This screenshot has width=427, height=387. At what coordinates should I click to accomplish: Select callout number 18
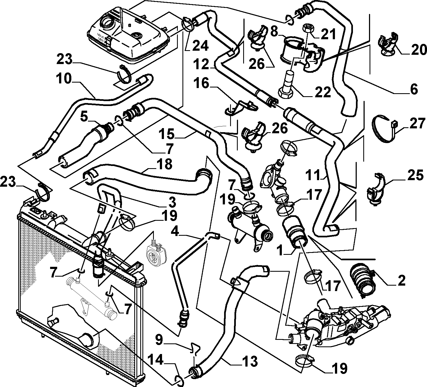pyautogui.click(x=165, y=164)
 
